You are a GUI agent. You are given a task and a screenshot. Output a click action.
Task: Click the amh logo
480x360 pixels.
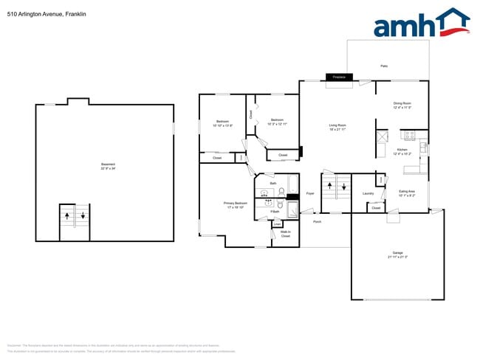click(421, 23)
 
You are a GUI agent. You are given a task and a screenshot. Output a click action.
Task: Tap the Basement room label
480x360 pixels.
click(108, 164)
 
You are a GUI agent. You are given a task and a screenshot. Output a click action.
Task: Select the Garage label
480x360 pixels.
click(397, 252)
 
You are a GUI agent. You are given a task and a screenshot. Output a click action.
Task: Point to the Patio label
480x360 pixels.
click(384, 66)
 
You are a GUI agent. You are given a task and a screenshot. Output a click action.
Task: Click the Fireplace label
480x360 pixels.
click(340, 77)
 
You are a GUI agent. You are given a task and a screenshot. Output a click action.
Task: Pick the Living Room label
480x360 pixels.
click(337, 125)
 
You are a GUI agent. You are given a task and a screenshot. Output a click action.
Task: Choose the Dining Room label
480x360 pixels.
click(402, 103)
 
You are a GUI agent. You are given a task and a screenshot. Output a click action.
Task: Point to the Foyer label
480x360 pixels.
click(311, 193)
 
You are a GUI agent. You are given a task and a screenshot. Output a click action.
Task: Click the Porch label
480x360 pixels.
click(318, 221)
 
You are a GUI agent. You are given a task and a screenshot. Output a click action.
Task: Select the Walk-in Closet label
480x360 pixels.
click(285, 234)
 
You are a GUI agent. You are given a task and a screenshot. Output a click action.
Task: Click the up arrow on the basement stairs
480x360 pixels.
click(67, 216)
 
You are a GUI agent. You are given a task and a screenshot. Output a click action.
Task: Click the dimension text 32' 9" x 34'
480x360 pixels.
click(108, 169)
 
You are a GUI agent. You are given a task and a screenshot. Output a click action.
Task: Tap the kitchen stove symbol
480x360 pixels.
click(411, 135)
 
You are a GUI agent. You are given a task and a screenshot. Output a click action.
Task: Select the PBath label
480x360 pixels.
click(274, 212)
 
